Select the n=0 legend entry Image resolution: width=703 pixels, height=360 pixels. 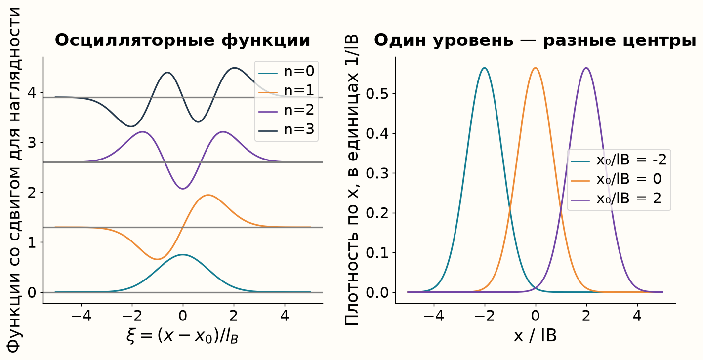pyautogui.click(x=286, y=72)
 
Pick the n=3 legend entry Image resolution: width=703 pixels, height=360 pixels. pyautogui.click(x=286, y=129)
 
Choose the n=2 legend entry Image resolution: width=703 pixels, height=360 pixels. pyautogui.click(x=286, y=110)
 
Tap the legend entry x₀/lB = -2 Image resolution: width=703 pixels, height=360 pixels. pyautogui.click(x=619, y=160)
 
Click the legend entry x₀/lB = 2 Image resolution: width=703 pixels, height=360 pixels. pyautogui.click(x=616, y=199)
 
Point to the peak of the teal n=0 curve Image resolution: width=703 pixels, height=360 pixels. pyautogui.click(x=183, y=255)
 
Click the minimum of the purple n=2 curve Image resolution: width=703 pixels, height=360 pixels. pyautogui.click(x=183, y=189)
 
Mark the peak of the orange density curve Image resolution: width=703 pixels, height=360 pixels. pyautogui.click(x=536, y=68)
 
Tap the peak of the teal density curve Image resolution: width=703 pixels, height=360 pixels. pyautogui.click(x=485, y=68)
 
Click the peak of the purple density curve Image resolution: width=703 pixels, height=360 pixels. pyautogui.click(x=586, y=68)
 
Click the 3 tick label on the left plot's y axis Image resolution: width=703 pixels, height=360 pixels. pyautogui.click(x=32, y=143)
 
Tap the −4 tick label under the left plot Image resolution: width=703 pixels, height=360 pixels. pyautogui.click(x=82, y=316)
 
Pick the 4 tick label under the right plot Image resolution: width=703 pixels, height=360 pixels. pyautogui.click(x=637, y=316)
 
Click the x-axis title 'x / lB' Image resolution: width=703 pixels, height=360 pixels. pyautogui.click(x=536, y=335)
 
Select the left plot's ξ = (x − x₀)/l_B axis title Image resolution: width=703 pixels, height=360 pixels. pyautogui.click(x=183, y=336)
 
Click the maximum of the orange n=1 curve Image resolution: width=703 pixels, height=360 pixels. pyautogui.click(x=208, y=195)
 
